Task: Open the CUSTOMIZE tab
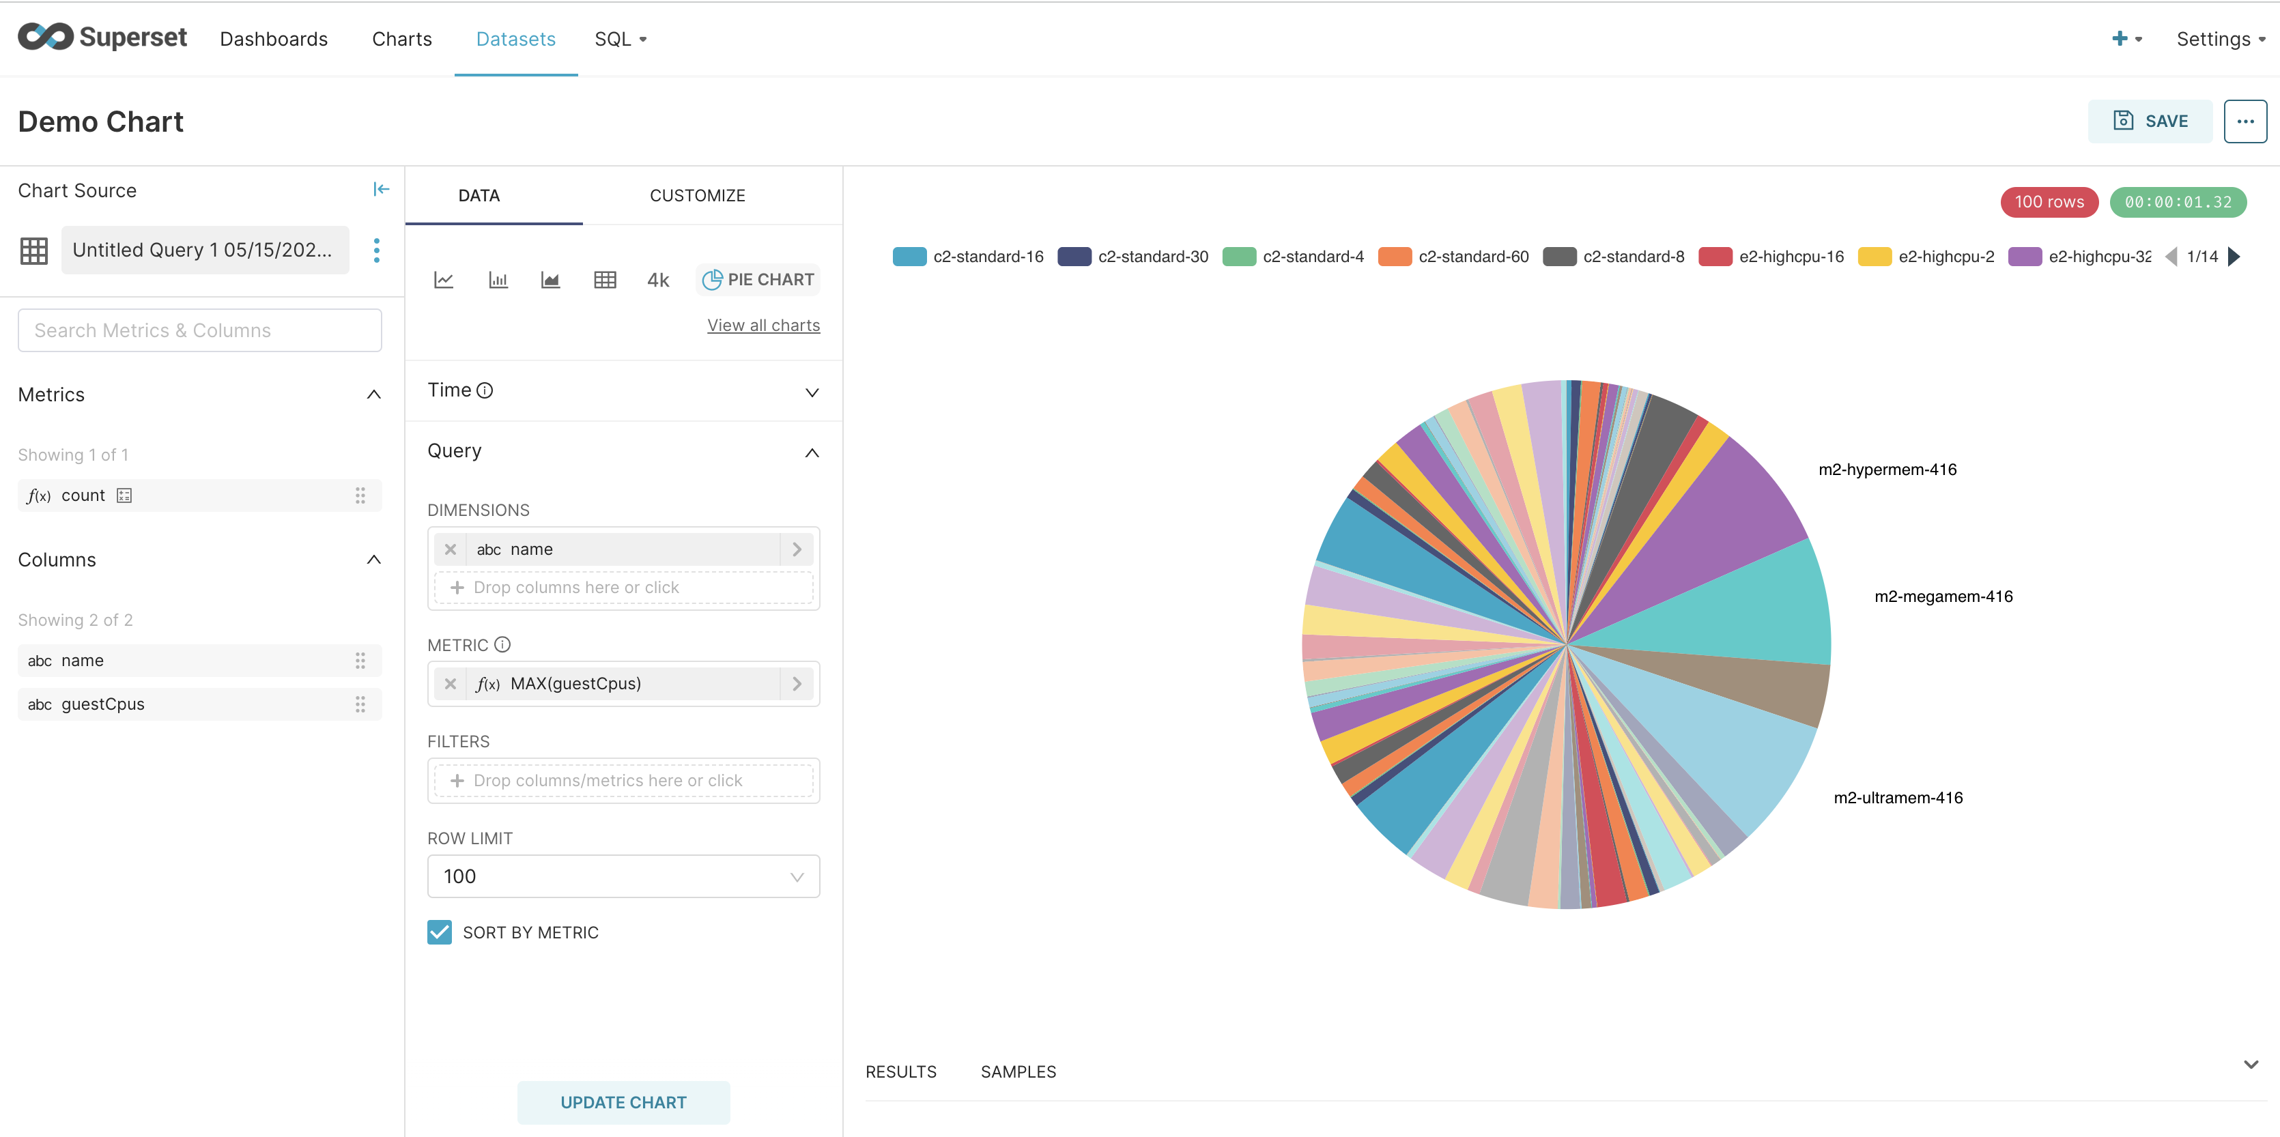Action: pos(698,196)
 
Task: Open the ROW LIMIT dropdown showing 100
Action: pos(623,876)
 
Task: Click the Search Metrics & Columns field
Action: pos(200,330)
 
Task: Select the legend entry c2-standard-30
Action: pos(1133,257)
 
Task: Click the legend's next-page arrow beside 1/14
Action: pos(2234,257)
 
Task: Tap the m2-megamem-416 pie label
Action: pos(1943,596)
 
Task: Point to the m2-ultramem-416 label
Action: pos(1898,797)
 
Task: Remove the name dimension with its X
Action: pos(451,549)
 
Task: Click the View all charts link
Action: pos(763,326)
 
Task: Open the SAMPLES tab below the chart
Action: pos(1018,1071)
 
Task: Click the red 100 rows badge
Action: pos(2049,202)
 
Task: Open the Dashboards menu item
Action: pos(274,39)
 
